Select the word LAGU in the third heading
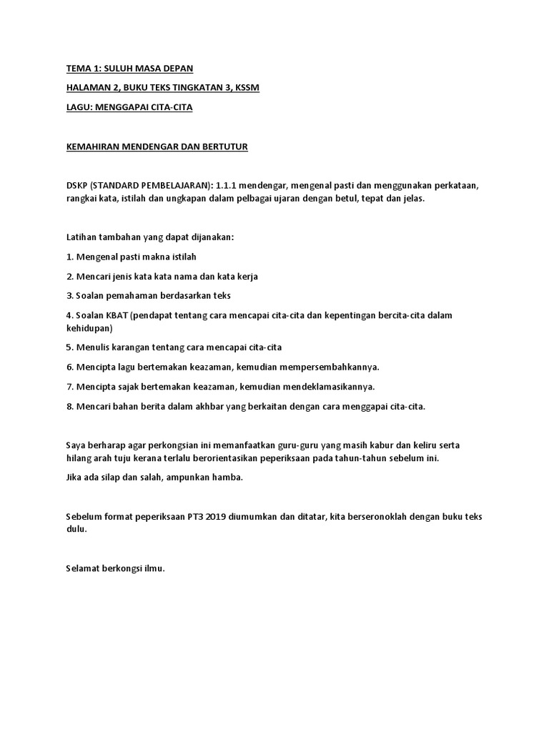(77, 107)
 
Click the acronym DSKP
(76, 185)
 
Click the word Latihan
(80, 237)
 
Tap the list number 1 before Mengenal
(69, 257)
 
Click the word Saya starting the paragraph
(76, 445)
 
